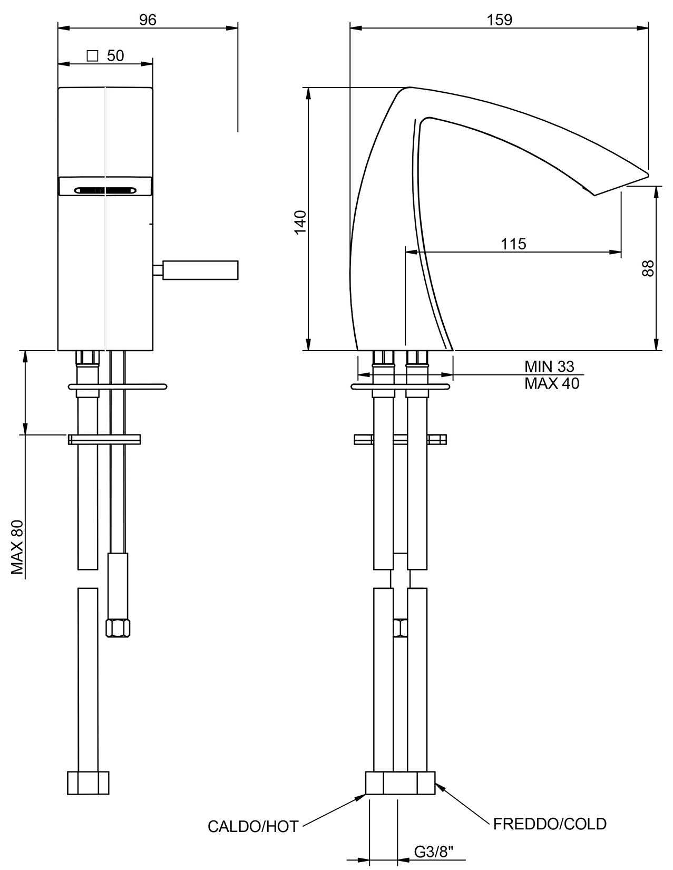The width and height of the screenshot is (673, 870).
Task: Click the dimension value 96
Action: pos(148,20)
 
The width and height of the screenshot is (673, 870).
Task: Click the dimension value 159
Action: pos(500,20)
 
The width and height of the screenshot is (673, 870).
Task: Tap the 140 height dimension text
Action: pos(300,221)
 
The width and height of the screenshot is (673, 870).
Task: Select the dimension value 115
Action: pos(513,244)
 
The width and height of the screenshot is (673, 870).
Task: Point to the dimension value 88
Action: pos(648,268)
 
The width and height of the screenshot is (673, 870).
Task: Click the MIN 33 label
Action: pos(549,366)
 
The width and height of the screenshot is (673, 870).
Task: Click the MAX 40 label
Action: pos(551,383)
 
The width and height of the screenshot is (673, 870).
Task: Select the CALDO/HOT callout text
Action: pos(253,826)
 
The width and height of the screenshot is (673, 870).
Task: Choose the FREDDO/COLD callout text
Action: pos(550,824)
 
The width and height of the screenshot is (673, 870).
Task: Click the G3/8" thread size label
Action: pos(434,852)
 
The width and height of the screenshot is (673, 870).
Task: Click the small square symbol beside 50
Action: pos(93,55)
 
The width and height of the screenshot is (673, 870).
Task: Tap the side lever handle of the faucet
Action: pos(200,270)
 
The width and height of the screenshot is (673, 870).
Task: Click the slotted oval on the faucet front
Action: pos(105,190)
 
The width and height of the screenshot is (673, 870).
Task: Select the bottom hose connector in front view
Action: pos(88,783)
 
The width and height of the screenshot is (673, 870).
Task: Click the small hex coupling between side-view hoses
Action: pos(400,627)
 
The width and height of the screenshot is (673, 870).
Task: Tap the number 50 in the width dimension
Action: pos(115,56)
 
